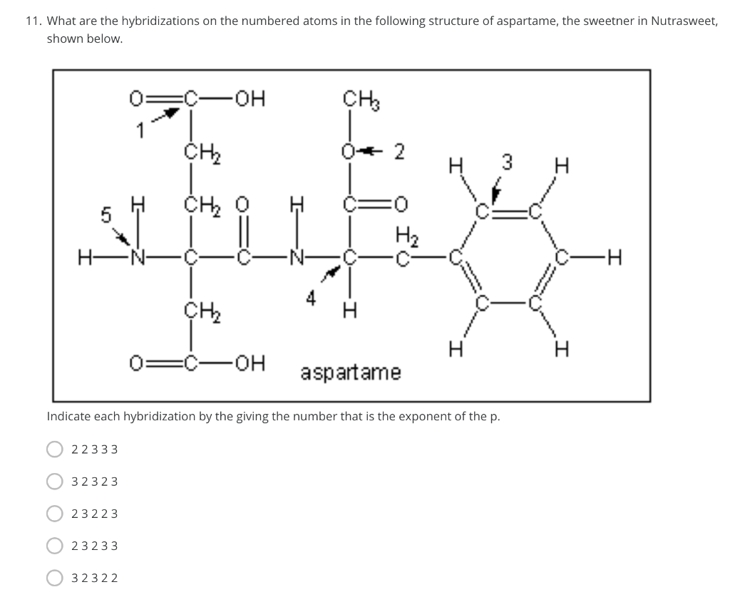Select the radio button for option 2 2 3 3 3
54,449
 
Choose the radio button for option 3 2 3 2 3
54,481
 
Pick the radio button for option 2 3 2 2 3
54,514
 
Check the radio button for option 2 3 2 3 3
54,546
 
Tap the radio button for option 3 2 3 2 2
54,578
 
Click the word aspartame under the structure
351,372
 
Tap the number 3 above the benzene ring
507,162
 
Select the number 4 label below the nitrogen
311,300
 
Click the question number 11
33,21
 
